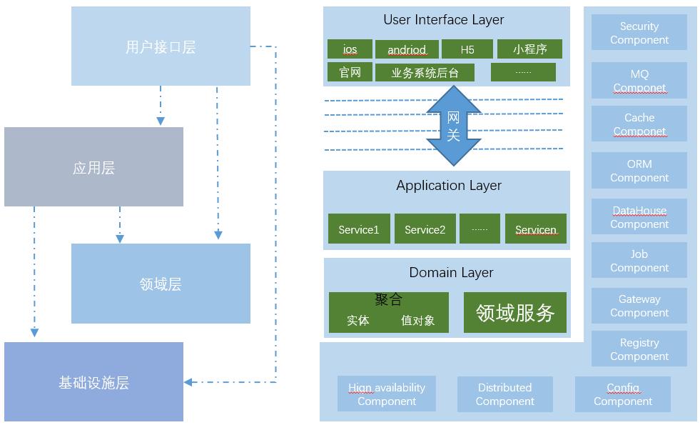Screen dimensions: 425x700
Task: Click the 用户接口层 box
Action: click(161, 46)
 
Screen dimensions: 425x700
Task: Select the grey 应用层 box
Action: click(93, 167)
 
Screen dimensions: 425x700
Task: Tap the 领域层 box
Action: click(161, 284)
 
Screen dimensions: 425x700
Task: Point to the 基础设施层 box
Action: click(93, 382)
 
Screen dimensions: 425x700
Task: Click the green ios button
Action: click(350, 49)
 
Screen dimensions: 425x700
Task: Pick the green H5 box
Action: click(467, 49)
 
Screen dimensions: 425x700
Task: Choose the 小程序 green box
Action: click(529, 49)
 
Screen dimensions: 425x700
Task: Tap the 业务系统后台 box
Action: click(425, 72)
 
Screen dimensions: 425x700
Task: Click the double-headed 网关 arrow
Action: click(453, 126)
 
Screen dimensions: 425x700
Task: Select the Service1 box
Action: click(359, 229)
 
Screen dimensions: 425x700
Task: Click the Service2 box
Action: click(425, 229)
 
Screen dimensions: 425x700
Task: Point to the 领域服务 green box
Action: click(515, 312)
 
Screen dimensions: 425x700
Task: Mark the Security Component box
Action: click(639, 33)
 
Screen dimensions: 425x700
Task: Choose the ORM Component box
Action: click(639, 171)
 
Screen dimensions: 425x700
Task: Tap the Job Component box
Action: click(639, 261)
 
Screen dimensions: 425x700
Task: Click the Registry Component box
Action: click(639, 349)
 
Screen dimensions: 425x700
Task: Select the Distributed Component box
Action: click(504, 394)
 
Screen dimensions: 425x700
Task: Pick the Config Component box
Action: click(623, 394)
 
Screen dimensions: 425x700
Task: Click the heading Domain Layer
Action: click(451, 272)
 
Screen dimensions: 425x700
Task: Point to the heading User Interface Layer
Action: click(444, 20)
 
